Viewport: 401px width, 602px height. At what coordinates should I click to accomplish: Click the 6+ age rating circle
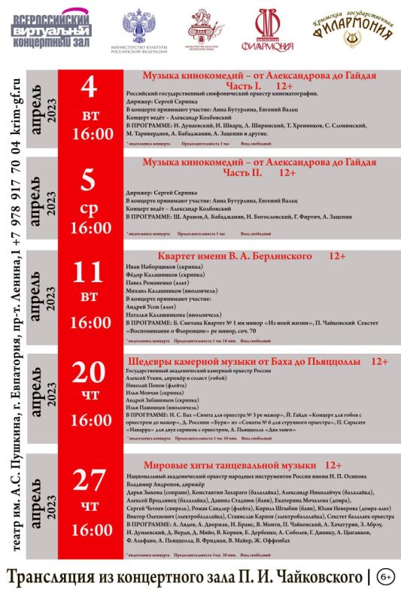[x=385, y=577]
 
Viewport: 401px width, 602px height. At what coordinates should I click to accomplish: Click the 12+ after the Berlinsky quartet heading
[x=336, y=257]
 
